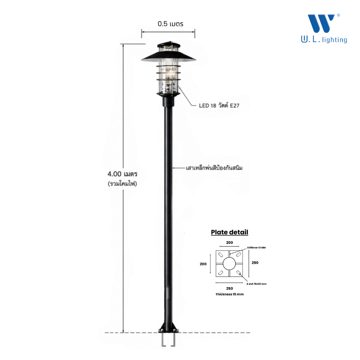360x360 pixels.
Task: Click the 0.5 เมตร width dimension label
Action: pos(170,24)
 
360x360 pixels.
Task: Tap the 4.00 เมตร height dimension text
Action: pos(122,174)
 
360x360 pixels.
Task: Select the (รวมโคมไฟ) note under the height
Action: pos(122,184)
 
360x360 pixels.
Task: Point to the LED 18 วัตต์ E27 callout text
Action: pos(219,105)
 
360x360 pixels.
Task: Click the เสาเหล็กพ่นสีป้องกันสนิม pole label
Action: pos(214,168)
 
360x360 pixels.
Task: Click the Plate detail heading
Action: pos(230,232)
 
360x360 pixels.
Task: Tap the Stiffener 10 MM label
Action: pos(256,248)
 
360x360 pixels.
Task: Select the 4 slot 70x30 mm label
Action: pos(256,284)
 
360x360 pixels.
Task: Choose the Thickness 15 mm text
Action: pos(230,294)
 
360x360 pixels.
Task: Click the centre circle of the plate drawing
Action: pos(229,264)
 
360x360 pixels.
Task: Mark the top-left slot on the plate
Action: pos(220,255)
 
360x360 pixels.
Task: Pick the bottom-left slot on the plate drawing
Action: pos(220,273)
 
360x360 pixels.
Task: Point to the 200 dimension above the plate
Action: pos(230,242)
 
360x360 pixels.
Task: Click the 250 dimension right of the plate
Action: pos(255,262)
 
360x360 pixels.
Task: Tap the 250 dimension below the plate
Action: pos(230,288)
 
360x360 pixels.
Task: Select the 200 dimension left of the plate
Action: pos(203,264)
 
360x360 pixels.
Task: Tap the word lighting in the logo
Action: pos(334,40)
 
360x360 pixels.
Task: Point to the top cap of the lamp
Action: pos(168,44)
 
